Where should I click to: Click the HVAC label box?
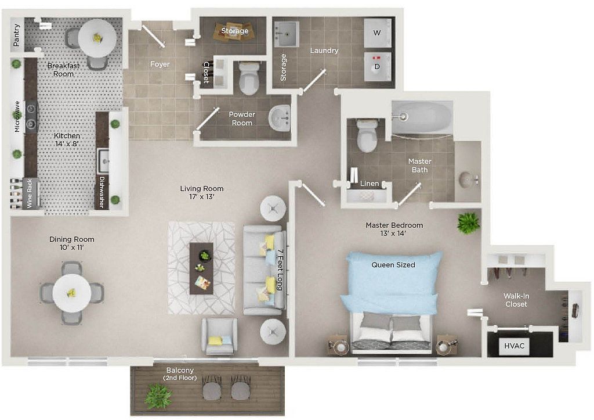(x=515, y=346)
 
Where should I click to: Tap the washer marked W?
(x=377, y=33)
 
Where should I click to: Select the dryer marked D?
(x=377, y=66)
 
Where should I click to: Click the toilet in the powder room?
(x=249, y=78)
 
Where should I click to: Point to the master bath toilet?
(x=367, y=135)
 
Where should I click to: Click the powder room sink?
(x=280, y=117)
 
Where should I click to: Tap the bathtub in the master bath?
(x=422, y=117)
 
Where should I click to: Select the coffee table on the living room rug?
(x=201, y=268)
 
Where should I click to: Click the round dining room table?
(x=71, y=293)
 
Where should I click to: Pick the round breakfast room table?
(x=97, y=38)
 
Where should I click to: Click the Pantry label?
(x=16, y=35)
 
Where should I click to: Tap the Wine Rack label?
(x=30, y=193)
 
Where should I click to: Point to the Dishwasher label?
(x=102, y=192)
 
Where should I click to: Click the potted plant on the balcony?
(x=158, y=396)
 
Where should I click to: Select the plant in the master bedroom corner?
(x=469, y=222)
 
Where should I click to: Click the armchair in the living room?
(x=219, y=336)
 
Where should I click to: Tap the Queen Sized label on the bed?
(x=393, y=265)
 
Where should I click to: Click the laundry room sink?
(x=287, y=34)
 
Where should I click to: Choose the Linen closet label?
(x=370, y=184)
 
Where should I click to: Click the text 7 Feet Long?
(x=280, y=270)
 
